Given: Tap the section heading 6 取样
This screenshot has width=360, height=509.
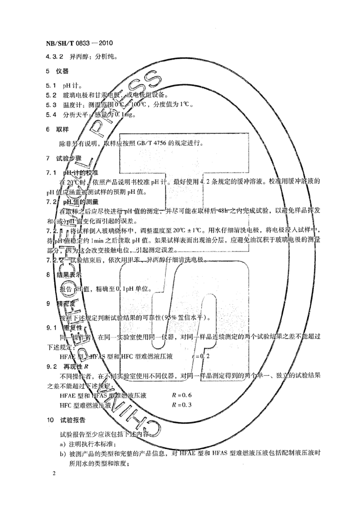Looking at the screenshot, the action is coord(57,129).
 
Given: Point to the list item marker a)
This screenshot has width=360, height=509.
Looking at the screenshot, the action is coord(63,443).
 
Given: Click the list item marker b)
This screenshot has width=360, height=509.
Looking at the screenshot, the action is coord(63,453).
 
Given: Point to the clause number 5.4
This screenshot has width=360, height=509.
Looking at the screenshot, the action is coord(51,115).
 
